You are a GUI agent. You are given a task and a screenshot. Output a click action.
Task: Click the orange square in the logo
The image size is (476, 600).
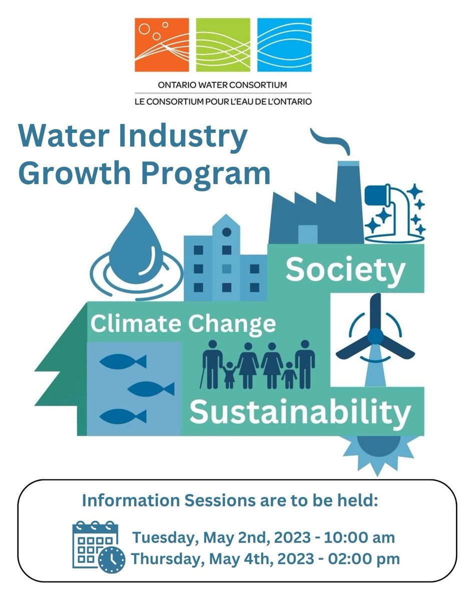pos(162,45)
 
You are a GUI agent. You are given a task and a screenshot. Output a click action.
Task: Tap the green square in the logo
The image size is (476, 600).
pos(223,45)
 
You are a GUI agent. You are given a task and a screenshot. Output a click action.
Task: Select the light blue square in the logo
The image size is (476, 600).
pos(284,45)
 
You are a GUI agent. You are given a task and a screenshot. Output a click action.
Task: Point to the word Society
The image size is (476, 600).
pos(345,270)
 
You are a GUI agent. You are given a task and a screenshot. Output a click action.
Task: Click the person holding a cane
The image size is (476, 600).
pos(212,362)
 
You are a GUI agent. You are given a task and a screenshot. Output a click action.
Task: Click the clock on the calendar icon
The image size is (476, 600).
pos(112,560)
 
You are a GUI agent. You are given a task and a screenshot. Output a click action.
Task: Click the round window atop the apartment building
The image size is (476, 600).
pos(227,231)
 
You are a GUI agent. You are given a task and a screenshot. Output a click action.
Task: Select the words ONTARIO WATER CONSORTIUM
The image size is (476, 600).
pos(223,85)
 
